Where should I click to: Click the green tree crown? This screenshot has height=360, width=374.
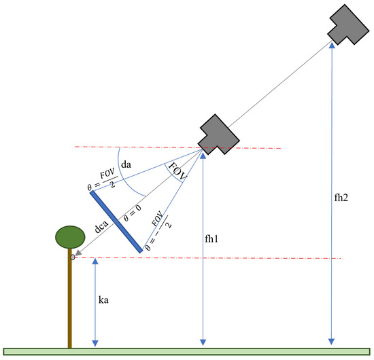pyautogui.click(x=70, y=237)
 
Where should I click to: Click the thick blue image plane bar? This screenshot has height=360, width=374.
pyautogui.click(x=116, y=221)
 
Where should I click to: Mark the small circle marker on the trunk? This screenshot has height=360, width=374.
pyautogui.click(x=72, y=257)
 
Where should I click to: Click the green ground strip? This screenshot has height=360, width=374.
pyautogui.click(x=187, y=352)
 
